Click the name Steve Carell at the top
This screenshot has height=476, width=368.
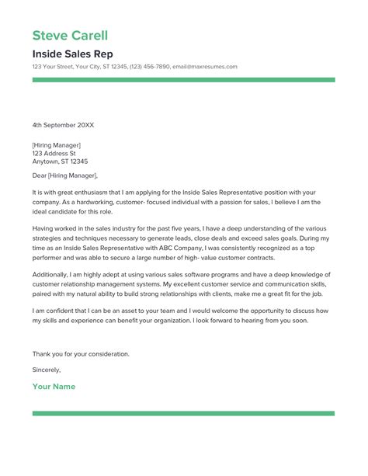point(70,36)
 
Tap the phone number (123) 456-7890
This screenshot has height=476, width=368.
point(151,67)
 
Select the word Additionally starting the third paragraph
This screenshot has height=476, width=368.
point(52,276)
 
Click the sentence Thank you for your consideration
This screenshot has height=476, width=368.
point(81,353)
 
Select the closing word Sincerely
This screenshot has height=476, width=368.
point(47,370)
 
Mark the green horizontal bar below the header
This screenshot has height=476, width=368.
point(183,79)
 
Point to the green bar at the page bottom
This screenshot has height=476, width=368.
point(183,414)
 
